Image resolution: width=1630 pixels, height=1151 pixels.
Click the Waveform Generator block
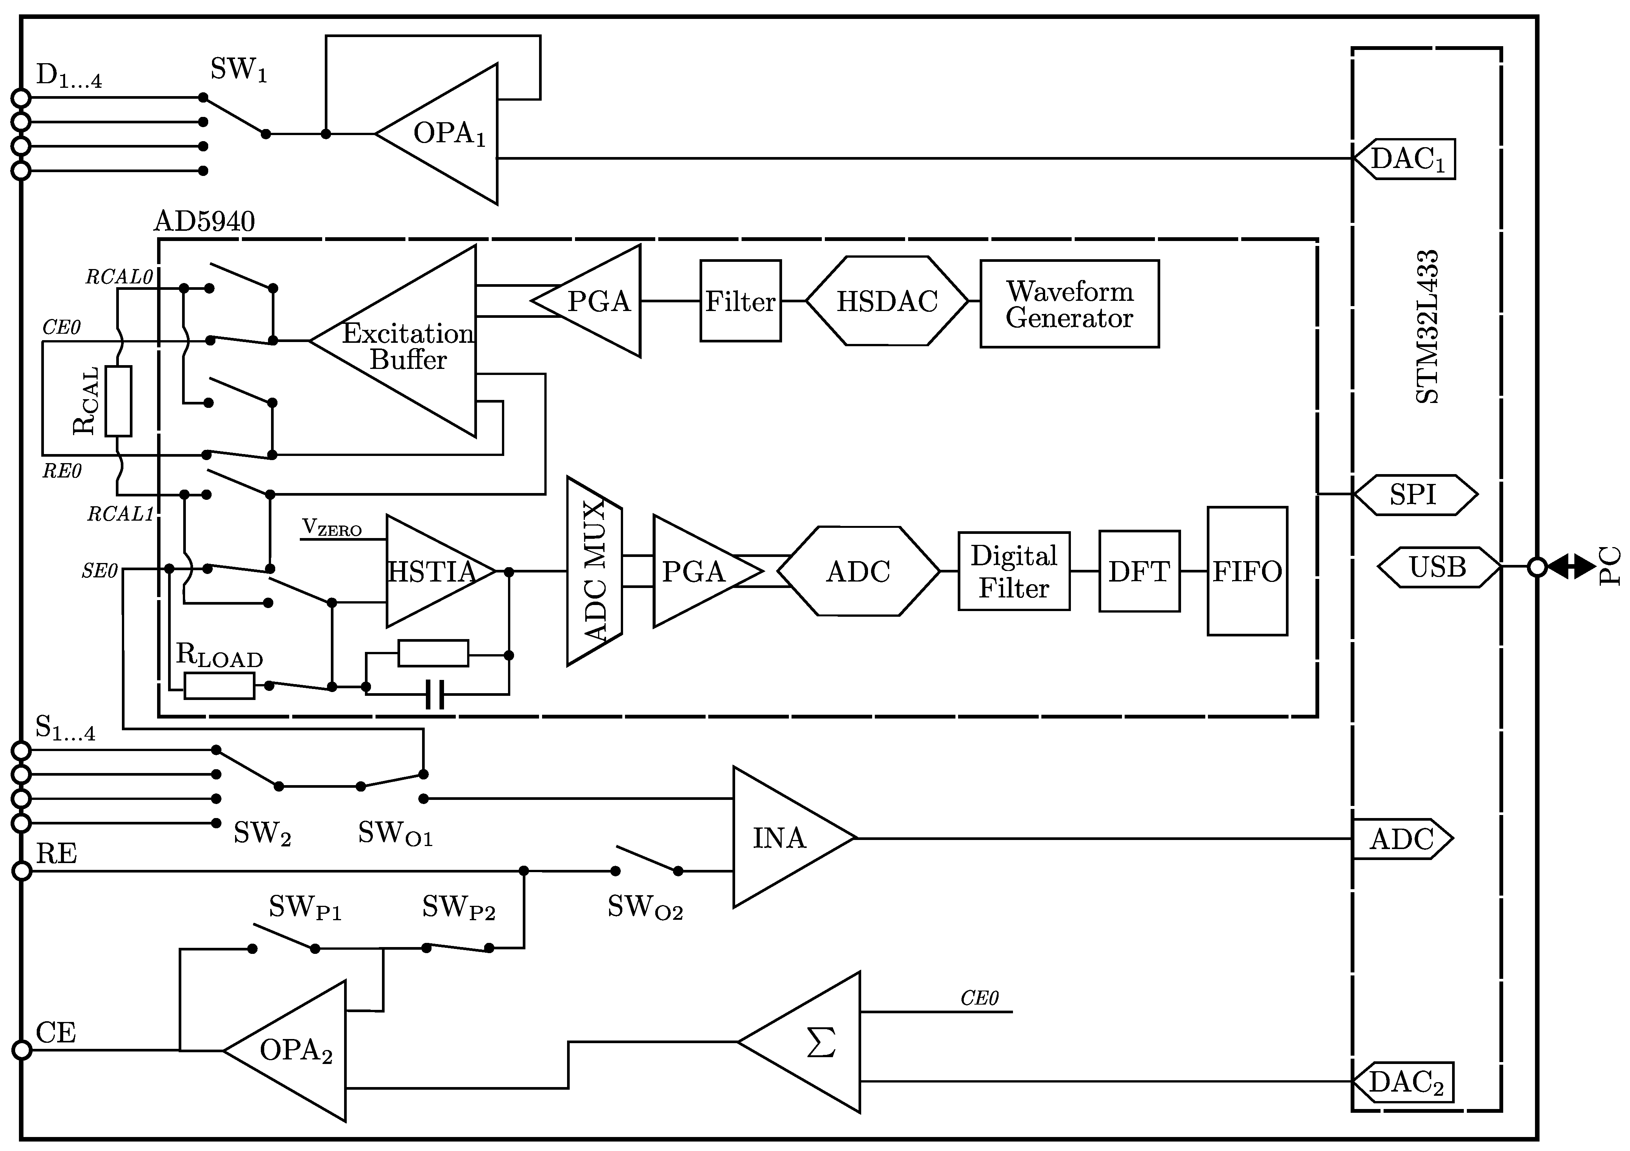[1069, 304]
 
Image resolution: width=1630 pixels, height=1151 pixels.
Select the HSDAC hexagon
[887, 302]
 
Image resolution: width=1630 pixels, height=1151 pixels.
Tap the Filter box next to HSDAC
[740, 302]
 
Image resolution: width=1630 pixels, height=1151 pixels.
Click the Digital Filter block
[1014, 571]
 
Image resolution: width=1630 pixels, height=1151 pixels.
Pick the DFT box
[1139, 571]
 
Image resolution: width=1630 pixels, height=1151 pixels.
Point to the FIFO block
[1247, 571]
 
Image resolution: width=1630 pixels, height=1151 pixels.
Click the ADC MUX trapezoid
[594, 571]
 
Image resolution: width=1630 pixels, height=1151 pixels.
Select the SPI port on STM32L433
[1414, 495]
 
